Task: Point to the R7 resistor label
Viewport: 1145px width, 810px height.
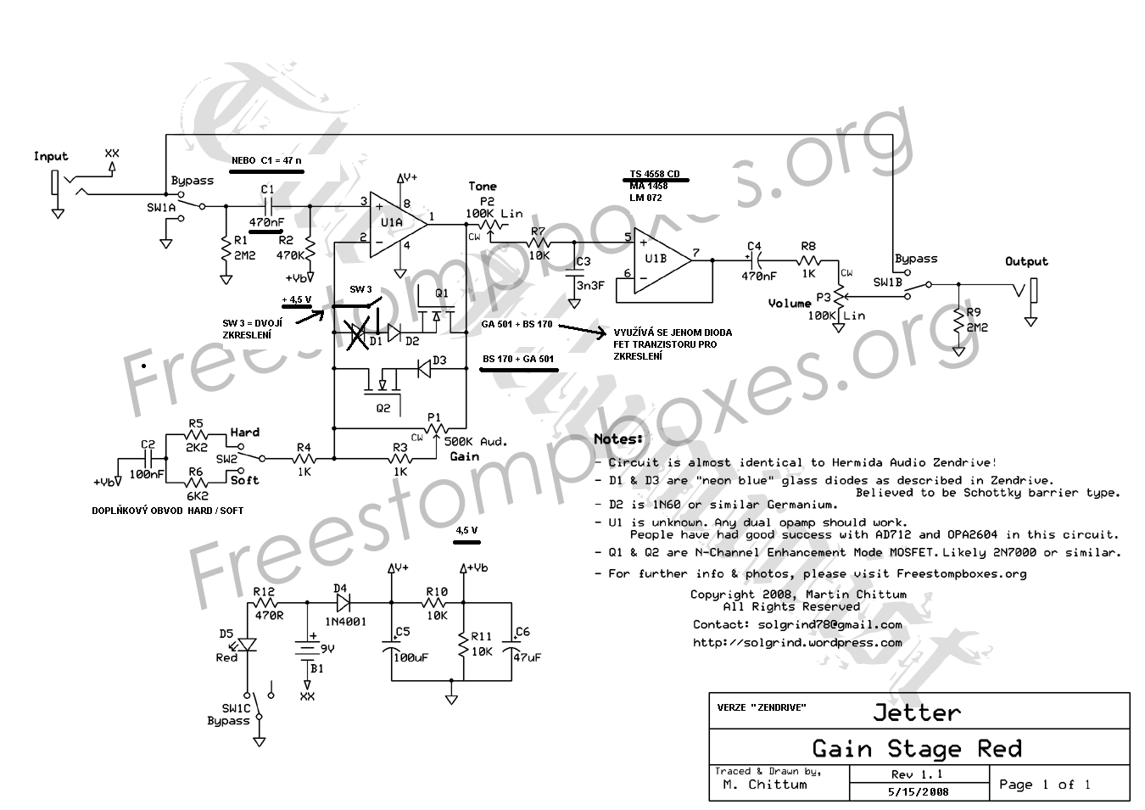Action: pyautogui.click(x=539, y=230)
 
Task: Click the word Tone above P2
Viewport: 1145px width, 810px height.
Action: pyautogui.click(x=483, y=186)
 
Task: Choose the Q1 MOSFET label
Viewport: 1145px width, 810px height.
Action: pyautogui.click(x=441, y=293)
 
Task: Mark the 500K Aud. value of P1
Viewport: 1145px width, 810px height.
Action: pyautogui.click(x=475, y=441)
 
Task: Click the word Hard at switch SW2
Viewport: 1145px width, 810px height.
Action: pyautogui.click(x=245, y=432)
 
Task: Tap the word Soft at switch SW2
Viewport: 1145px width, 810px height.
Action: pyautogui.click(x=245, y=480)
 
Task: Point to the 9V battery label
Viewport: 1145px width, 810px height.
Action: pyautogui.click(x=326, y=648)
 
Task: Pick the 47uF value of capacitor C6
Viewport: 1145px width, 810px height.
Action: pyautogui.click(x=526, y=657)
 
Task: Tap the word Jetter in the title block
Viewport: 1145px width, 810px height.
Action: pyautogui.click(x=917, y=712)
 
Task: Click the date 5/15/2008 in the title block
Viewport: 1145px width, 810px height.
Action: pyautogui.click(x=919, y=791)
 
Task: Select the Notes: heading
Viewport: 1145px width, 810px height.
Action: pyautogui.click(x=618, y=439)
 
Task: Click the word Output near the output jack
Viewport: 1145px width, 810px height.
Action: pyautogui.click(x=1026, y=261)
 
